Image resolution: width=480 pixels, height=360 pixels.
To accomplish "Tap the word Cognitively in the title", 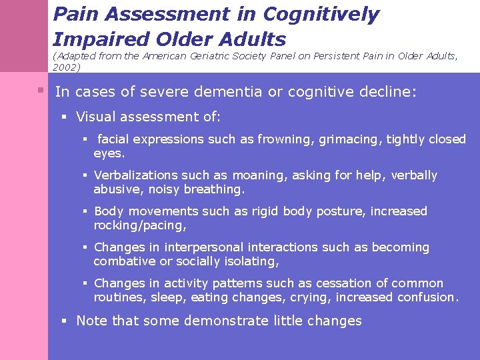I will coord(321,14).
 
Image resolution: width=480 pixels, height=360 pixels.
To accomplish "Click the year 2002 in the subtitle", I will coord(65,67).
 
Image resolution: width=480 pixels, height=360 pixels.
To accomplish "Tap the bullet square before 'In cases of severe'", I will coord(41,89).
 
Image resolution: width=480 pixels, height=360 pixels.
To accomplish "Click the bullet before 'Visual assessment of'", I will coord(65,117).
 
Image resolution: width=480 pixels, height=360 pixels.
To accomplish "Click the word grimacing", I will coord(347,139).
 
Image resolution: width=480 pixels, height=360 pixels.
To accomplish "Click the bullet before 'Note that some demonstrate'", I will coord(65,321).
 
